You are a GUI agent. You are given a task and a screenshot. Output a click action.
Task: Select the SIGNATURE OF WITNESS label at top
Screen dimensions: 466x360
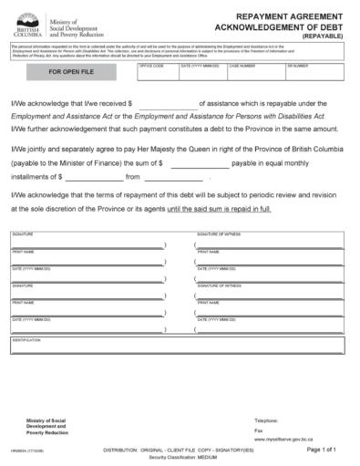(214, 235)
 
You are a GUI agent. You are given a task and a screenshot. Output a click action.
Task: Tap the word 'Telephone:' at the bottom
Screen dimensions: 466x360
(267, 419)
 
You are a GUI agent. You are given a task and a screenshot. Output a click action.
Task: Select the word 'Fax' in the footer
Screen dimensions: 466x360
(258, 430)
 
